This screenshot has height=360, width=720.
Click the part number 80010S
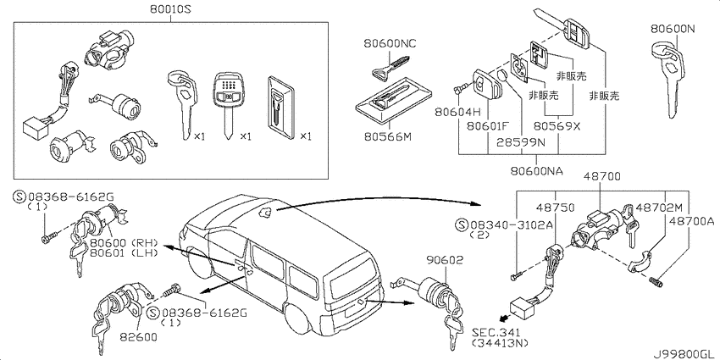pos(171,9)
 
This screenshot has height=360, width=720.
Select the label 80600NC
pos(390,43)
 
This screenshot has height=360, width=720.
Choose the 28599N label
pos(522,142)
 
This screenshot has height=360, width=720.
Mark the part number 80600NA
pos(536,171)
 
